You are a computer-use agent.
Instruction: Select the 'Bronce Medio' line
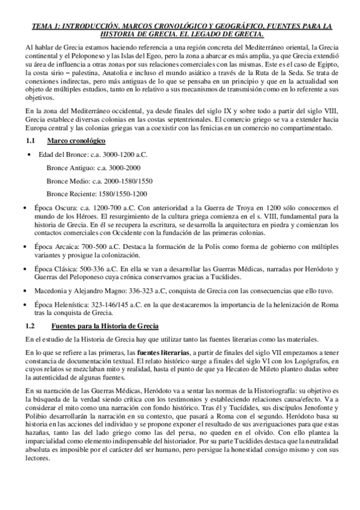tap(99, 180)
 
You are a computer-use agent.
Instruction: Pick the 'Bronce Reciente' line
tap(97, 194)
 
